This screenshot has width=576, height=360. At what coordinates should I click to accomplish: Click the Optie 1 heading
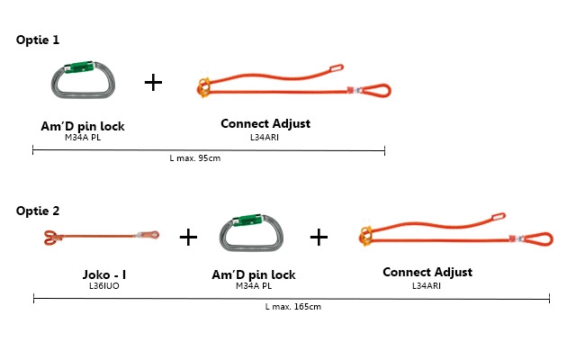click(38, 41)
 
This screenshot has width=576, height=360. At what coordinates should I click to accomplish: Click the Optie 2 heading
click(38, 211)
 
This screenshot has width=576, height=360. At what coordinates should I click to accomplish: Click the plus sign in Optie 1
click(154, 83)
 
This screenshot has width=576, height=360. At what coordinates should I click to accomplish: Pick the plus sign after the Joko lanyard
click(187, 238)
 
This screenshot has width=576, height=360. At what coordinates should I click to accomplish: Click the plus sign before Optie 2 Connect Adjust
click(319, 237)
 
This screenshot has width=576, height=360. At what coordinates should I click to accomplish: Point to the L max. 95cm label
click(195, 157)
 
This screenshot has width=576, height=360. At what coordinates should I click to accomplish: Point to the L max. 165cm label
click(293, 307)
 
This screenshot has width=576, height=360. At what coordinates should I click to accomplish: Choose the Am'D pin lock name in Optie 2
click(253, 274)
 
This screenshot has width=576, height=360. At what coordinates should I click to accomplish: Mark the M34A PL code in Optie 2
click(253, 286)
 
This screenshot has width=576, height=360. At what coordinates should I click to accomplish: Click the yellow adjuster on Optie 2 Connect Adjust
click(364, 236)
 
